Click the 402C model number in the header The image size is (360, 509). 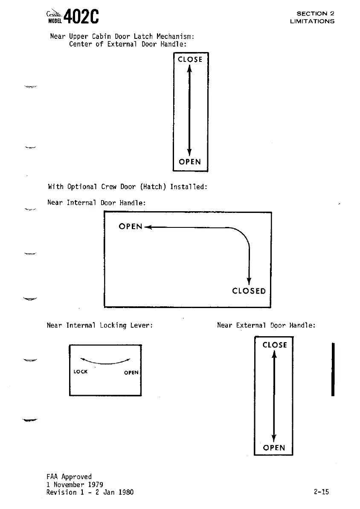82,17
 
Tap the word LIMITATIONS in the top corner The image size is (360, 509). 312,21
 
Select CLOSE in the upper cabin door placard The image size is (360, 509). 190,60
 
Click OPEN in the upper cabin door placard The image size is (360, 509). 190,162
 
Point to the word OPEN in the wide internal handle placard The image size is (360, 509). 131,227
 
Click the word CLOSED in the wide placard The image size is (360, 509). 249,291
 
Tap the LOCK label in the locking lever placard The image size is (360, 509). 81,372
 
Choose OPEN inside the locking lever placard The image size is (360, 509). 131,372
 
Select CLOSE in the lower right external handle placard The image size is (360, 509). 275,345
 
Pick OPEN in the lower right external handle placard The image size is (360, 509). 274,448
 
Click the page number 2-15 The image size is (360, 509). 321,492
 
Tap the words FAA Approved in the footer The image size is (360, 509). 69,477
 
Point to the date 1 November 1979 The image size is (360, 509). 75,484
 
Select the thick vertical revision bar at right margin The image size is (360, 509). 333,369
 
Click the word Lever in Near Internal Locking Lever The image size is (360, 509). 142,326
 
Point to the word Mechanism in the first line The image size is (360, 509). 175,36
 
